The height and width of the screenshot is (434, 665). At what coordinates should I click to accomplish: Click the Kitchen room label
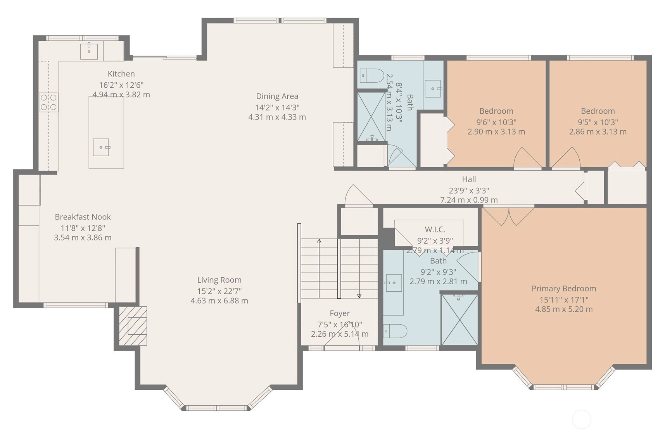click(x=121, y=74)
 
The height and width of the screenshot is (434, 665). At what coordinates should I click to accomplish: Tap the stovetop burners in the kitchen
click(x=48, y=102)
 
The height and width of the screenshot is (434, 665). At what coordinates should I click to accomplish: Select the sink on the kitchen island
click(x=101, y=147)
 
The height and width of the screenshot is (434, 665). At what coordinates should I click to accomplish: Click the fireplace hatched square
click(x=133, y=326)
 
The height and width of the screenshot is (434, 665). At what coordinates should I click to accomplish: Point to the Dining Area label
click(x=277, y=96)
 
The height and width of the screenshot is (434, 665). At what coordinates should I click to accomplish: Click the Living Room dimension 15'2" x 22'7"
click(x=219, y=291)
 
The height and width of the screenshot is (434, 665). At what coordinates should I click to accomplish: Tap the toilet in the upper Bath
click(x=371, y=76)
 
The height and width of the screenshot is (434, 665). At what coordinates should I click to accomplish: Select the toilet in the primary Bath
click(x=395, y=331)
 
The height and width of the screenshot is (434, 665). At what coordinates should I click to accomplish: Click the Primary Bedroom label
click(x=563, y=289)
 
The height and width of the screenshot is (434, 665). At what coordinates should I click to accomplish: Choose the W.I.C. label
click(x=435, y=230)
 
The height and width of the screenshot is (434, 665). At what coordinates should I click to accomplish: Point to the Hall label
click(x=469, y=179)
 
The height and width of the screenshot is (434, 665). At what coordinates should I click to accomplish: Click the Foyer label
click(x=340, y=313)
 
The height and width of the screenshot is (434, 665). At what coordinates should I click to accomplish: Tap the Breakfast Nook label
click(x=83, y=217)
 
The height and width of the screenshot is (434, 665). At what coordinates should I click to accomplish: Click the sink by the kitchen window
click(x=89, y=52)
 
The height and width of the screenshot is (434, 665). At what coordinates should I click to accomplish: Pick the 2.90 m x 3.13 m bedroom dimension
click(x=496, y=131)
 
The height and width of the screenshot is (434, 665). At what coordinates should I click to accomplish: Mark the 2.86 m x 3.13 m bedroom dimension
click(x=598, y=131)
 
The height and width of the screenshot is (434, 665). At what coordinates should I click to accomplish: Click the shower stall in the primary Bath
click(x=459, y=320)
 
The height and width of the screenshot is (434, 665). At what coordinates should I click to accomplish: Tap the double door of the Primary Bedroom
click(x=508, y=216)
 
